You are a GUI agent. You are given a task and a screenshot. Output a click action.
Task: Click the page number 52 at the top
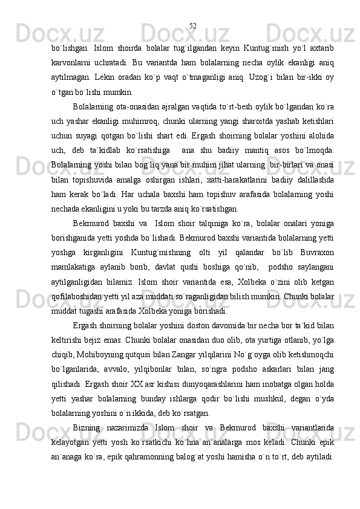(192, 25)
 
